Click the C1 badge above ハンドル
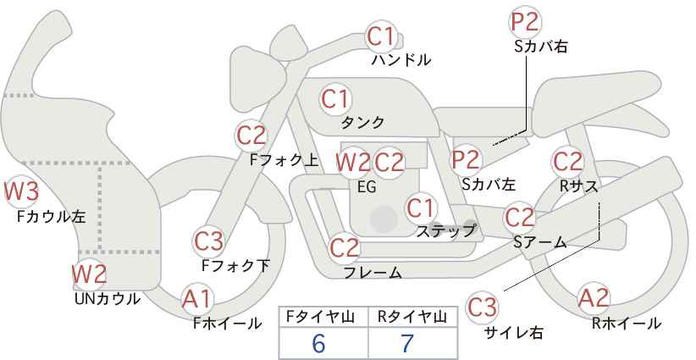coord(381,36)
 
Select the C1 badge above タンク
coord(335,97)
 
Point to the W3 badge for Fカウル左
coord(21,192)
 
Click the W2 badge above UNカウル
coord(88,274)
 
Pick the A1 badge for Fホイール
coord(197,298)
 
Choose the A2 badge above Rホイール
coord(593,298)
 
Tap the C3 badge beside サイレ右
coord(483,306)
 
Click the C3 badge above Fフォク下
coord(208,241)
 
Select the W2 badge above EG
coord(352,161)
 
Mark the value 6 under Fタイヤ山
coord(318,344)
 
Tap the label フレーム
coord(373,272)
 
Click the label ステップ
coord(445,230)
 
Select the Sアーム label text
coord(539,242)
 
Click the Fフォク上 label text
coord(284,158)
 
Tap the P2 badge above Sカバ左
coord(465,158)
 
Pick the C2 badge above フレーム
coord(345,248)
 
